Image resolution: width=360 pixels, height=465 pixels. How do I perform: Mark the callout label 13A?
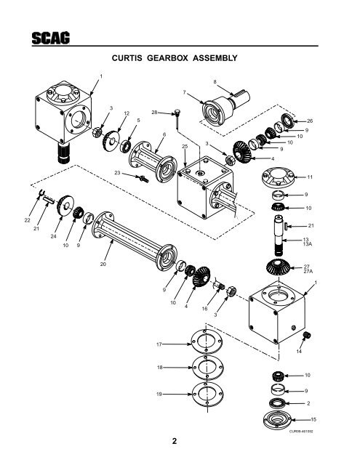(308, 246)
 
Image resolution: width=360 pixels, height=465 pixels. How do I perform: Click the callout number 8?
(215, 81)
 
